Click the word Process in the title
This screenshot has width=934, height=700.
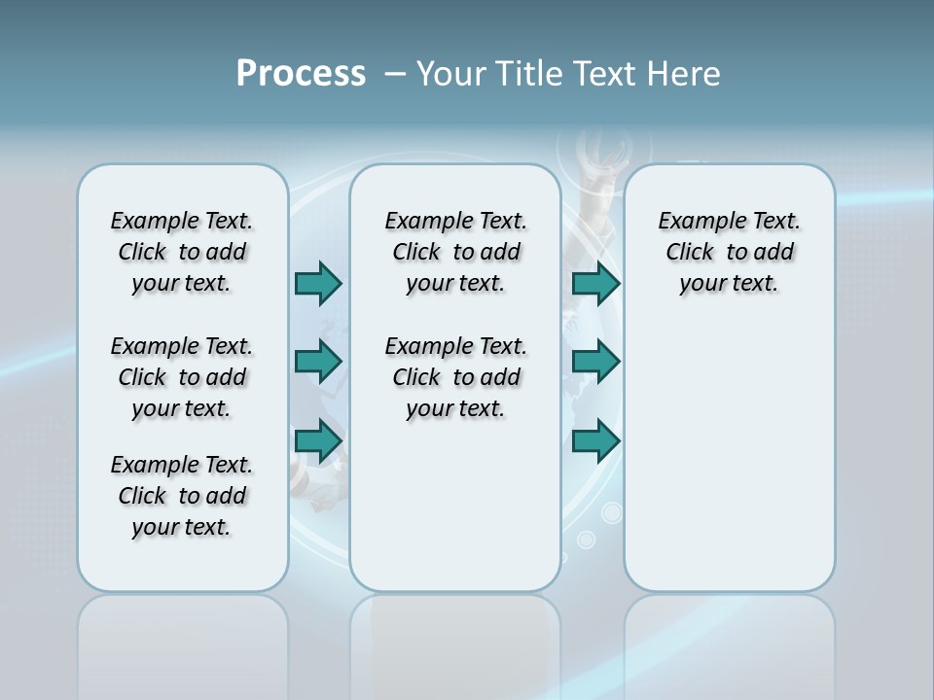(301, 74)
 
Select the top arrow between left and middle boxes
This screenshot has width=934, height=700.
(318, 283)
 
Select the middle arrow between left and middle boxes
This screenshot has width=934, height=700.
(318, 362)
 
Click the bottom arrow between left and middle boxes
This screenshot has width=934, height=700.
(318, 441)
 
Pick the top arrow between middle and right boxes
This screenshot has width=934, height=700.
(595, 283)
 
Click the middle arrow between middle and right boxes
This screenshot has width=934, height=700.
(595, 362)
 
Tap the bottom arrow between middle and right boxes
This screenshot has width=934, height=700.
(595, 441)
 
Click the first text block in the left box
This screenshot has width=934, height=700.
(182, 252)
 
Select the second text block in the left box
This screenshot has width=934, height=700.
(182, 377)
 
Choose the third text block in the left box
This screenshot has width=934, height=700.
(182, 496)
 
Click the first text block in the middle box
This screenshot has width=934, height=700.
(455, 252)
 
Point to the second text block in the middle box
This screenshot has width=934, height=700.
(455, 377)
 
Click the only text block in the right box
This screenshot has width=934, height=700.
(729, 252)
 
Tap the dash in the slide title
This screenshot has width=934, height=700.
(395, 74)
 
